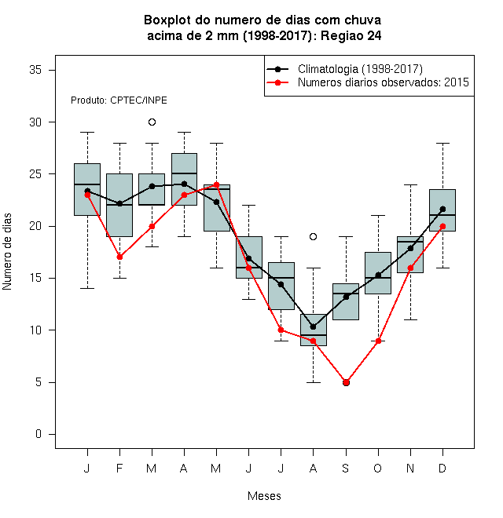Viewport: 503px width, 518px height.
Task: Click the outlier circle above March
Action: [x=152, y=122]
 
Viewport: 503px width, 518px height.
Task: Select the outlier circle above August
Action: [x=313, y=236]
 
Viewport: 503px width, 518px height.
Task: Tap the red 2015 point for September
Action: [x=346, y=382]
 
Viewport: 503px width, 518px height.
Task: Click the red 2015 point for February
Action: [x=119, y=257]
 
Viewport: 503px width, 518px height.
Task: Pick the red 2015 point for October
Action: [x=378, y=341]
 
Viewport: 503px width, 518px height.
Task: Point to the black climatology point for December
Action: [x=442, y=209]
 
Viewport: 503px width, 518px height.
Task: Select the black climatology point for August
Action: [x=313, y=326]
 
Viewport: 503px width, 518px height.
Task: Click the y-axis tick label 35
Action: [x=35, y=70]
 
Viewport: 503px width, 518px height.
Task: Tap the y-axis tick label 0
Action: [x=39, y=434]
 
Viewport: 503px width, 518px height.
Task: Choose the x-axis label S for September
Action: [x=346, y=468]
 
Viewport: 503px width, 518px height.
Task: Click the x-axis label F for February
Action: [x=119, y=468]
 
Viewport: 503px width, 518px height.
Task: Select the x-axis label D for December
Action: [x=442, y=468]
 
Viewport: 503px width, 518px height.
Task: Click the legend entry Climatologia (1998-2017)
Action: [x=360, y=69]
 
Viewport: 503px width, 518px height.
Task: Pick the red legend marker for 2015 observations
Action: [x=277, y=82]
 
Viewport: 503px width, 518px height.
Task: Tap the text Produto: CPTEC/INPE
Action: [x=119, y=100]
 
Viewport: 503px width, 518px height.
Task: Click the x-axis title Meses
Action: [x=264, y=496]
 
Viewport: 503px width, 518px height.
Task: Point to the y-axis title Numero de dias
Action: [x=7, y=252]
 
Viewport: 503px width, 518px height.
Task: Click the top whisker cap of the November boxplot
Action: [x=411, y=185]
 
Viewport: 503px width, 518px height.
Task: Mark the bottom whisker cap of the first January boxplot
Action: [x=87, y=288]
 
